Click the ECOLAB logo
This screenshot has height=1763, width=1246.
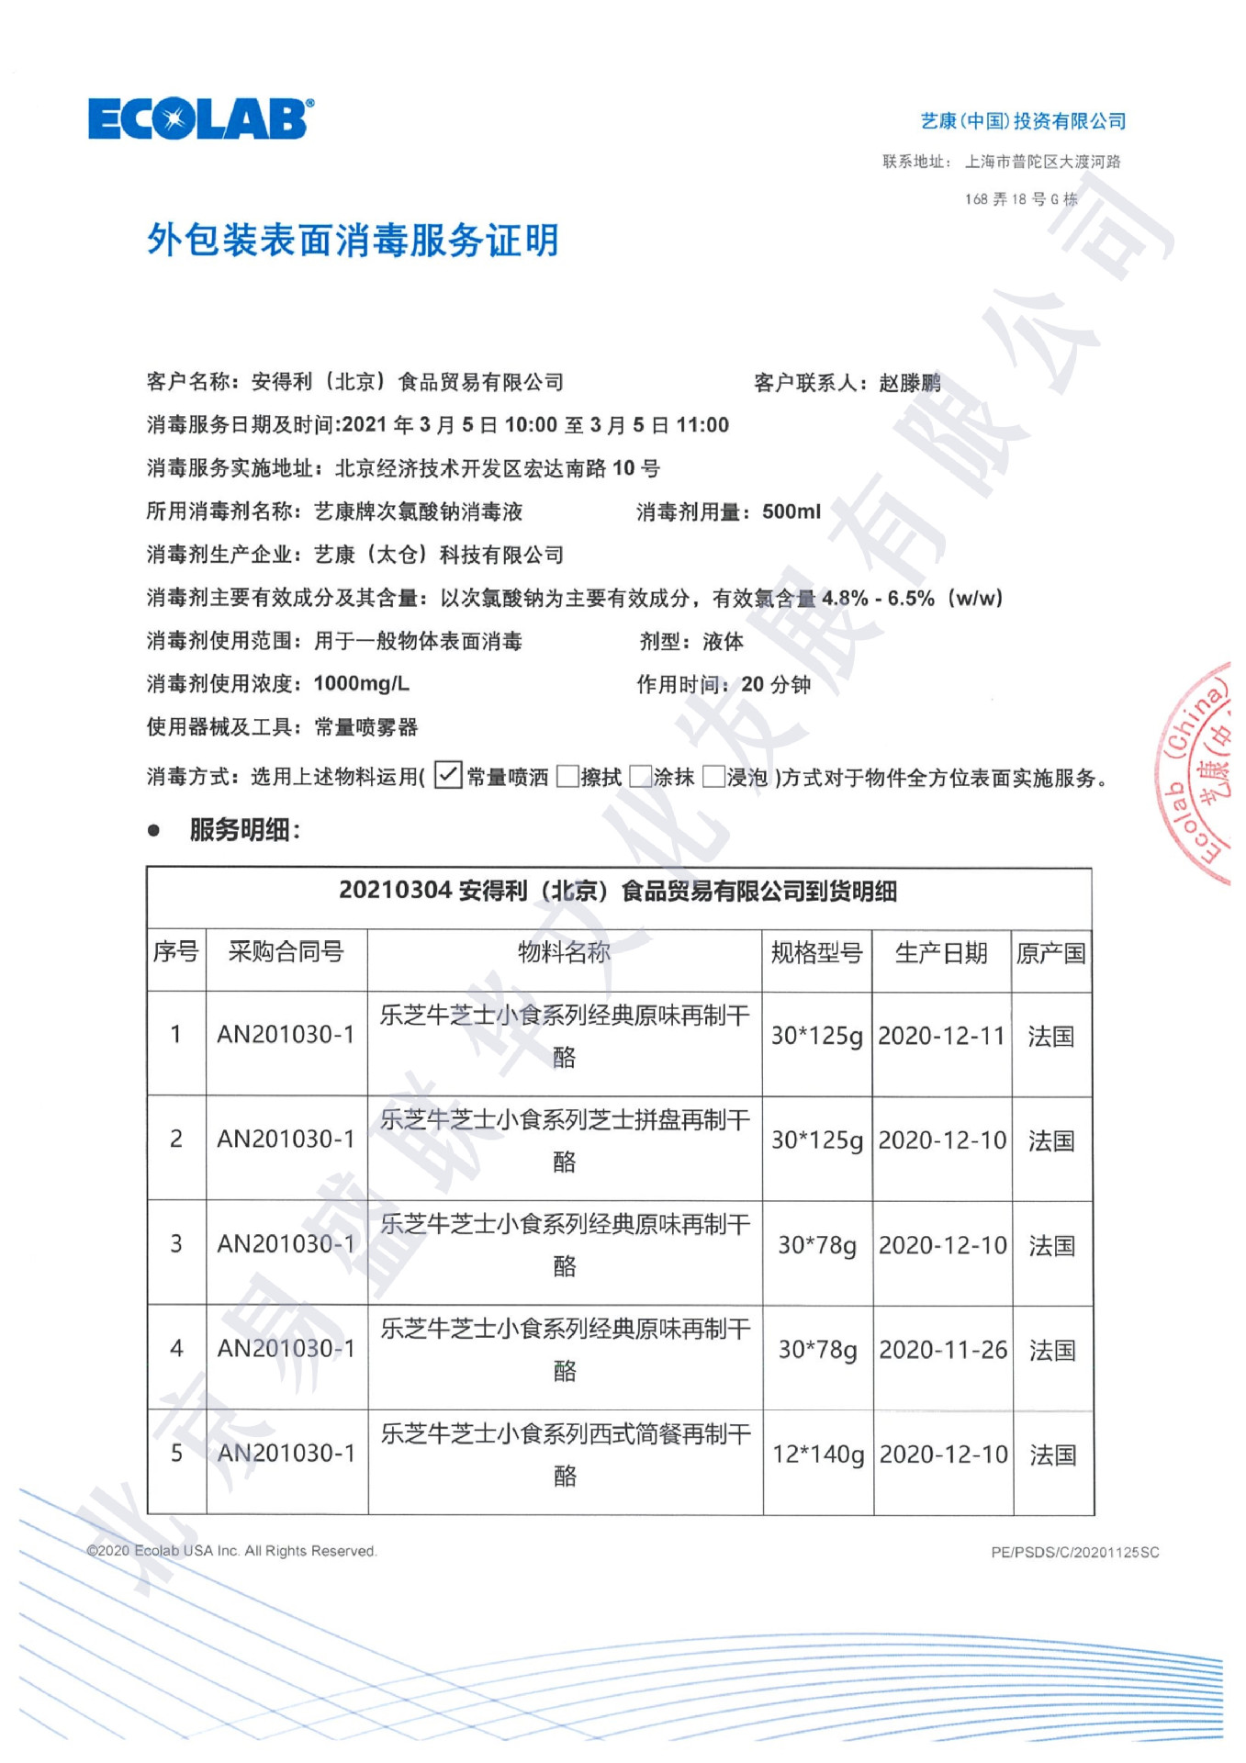click(200, 118)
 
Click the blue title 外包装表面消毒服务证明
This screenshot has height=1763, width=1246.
click(353, 241)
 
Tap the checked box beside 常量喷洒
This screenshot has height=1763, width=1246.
click(447, 775)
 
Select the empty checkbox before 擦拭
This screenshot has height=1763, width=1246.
click(568, 777)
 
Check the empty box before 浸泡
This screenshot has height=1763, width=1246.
click(713, 777)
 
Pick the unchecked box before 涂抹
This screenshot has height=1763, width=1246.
click(641, 777)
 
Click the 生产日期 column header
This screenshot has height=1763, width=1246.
click(941, 953)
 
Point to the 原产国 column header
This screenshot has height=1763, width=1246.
click(1050, 953)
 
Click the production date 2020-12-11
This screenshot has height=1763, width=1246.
click(941, 1036)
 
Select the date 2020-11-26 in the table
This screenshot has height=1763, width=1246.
click(943, 1350)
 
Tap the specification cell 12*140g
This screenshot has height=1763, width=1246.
click(818, 1454)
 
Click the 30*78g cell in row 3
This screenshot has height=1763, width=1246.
click(817, 1245)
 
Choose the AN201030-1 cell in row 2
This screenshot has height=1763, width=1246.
click(286, 1140)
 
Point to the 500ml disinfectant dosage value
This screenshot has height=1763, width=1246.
click(791, 511)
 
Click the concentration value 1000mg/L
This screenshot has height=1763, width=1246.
click(361, 683)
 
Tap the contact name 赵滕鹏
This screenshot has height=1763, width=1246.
click(910, 382)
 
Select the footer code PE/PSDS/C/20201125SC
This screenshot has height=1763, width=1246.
click(1074, 1552)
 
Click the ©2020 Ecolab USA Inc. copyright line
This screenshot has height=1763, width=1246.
click(231, 1551)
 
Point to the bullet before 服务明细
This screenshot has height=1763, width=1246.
click(154, 830)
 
